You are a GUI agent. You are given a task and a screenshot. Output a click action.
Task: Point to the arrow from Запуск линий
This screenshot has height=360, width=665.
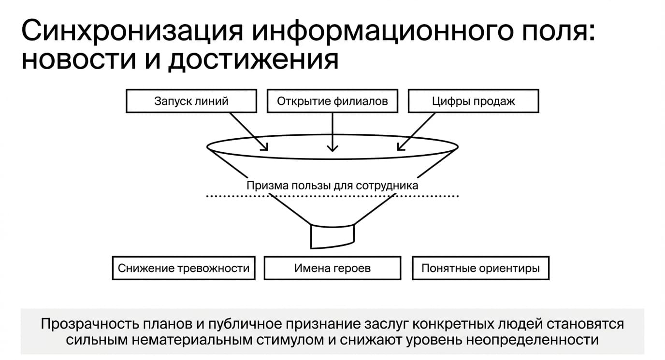(249, 131)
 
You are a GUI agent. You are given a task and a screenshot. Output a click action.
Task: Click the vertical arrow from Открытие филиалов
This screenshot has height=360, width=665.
(332, 132)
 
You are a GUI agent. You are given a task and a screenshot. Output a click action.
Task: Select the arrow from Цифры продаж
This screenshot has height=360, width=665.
(416, 131)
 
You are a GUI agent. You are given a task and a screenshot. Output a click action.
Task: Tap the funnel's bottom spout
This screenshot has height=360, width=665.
(332, 237)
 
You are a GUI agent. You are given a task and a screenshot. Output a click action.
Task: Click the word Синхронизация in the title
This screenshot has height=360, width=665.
(132, 31)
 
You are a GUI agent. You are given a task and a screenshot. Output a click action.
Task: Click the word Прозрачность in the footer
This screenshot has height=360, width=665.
(89, 324)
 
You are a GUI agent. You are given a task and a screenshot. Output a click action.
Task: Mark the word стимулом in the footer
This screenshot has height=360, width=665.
(290, 340)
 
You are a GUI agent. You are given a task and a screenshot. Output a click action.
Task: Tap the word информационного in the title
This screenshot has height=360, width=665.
(383, 31)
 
